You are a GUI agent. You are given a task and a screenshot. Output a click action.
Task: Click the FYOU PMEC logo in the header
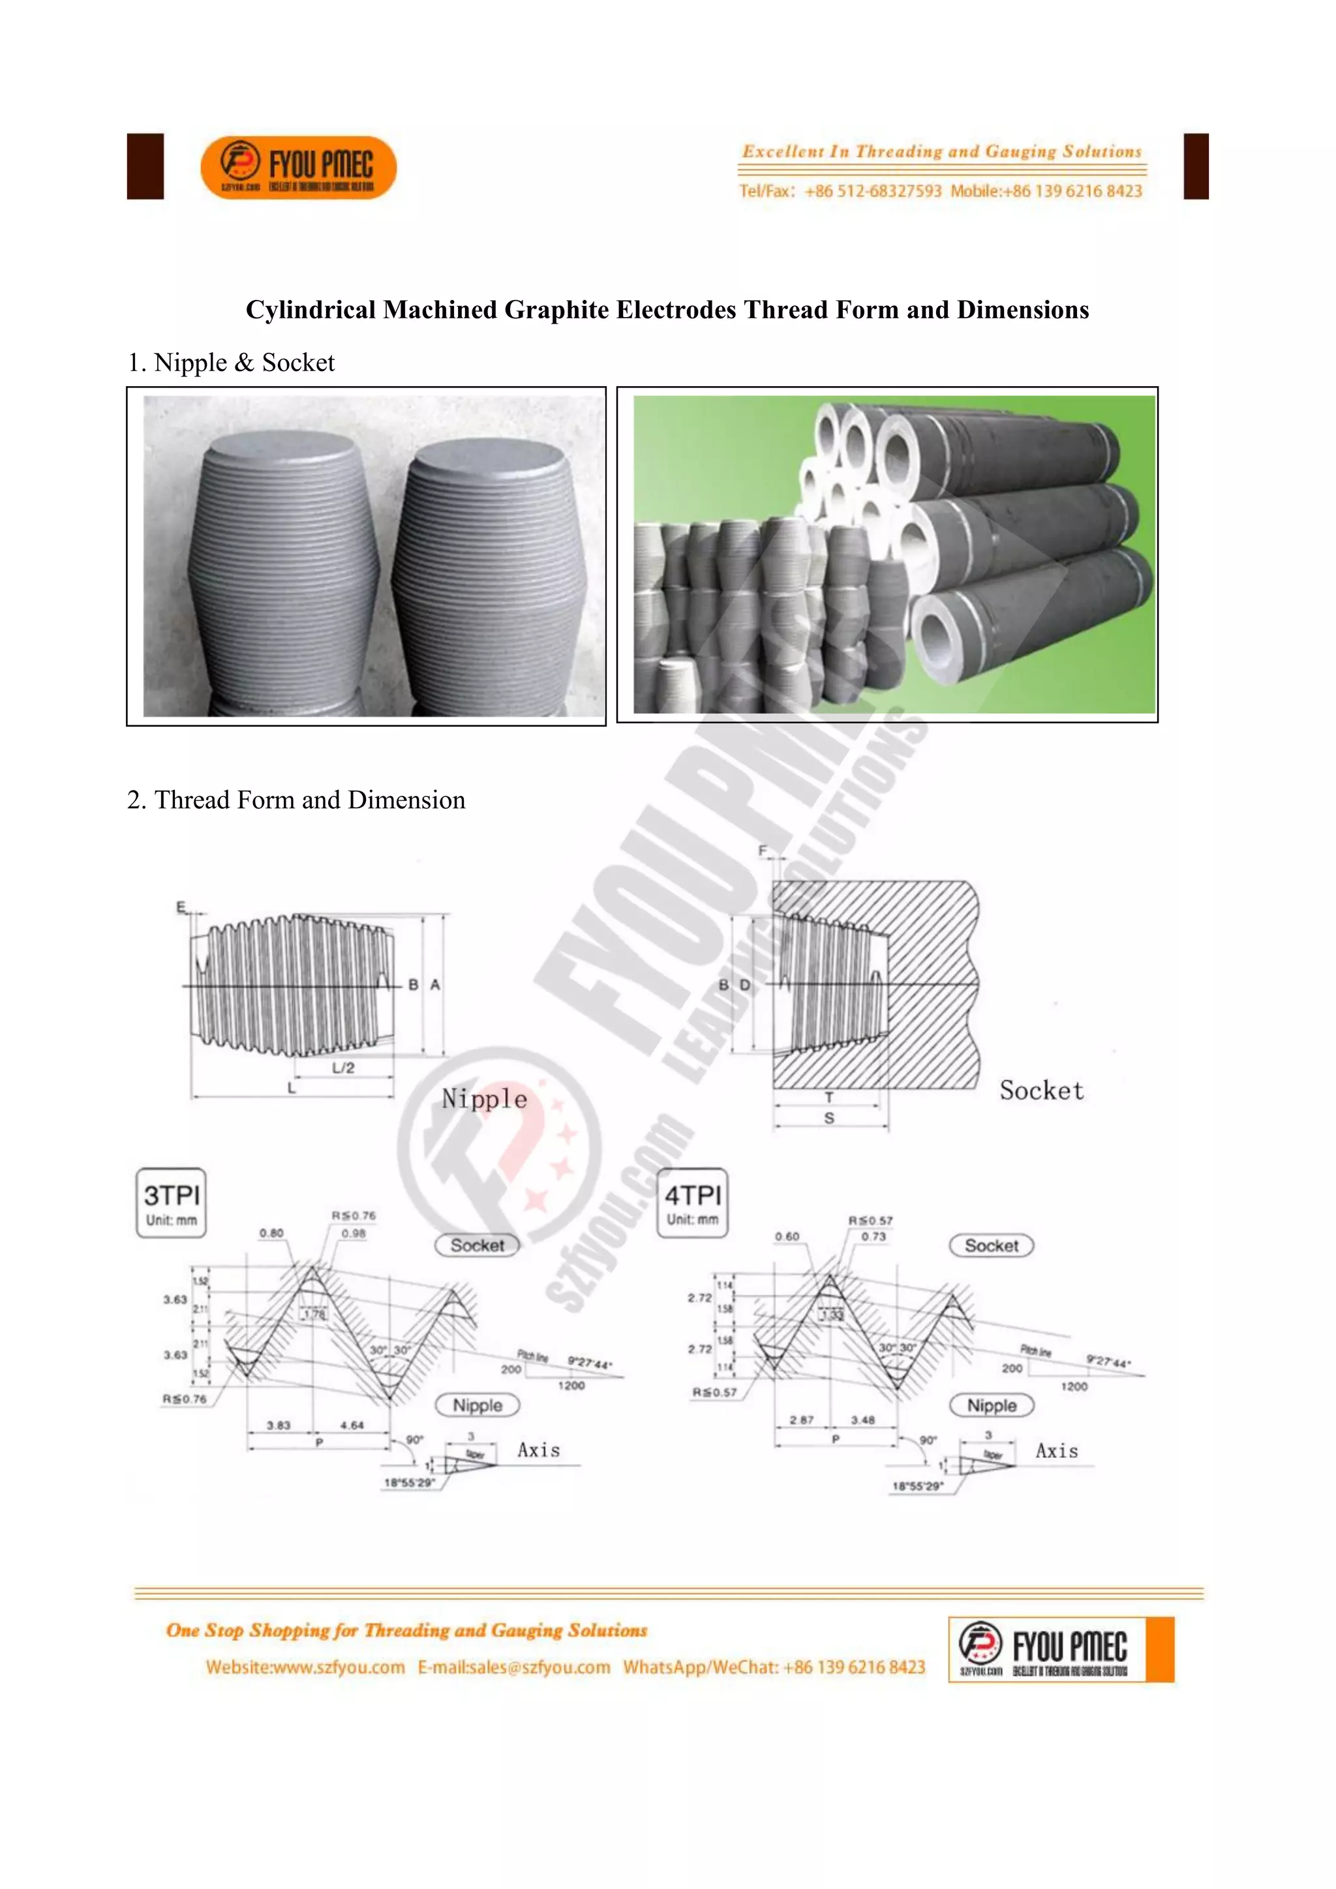tap(298, 167)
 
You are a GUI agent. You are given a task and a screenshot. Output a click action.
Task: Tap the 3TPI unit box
tap(171, 1202)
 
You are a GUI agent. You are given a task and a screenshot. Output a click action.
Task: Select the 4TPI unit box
tap(693, 1202)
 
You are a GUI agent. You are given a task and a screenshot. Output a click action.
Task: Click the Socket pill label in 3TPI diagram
tap(477, 1245)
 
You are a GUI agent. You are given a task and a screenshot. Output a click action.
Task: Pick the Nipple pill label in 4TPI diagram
tap(992, 1405)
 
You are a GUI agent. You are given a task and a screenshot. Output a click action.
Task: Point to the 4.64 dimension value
tap(352, 1425)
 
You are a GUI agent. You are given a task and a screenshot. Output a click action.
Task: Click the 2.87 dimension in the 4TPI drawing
tap(801, 1419)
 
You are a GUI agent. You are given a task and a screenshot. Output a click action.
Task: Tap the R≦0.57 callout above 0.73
tap(870, 1221)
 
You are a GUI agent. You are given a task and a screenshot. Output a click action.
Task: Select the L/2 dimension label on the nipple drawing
tap(343, 1068)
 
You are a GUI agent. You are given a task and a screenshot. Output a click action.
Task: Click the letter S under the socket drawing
tap(829, 1118)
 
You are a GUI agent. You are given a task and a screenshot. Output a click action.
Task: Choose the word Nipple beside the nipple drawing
tap(485, 1099)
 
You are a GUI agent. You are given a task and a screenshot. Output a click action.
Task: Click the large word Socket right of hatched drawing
tap(1042, 1091)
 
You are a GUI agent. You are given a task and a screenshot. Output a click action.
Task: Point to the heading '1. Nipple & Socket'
tap(231, 363)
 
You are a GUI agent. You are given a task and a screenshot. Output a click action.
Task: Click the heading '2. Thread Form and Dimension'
tap(296, 800)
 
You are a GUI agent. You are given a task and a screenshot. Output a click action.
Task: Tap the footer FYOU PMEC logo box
tap(1061, 1650)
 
